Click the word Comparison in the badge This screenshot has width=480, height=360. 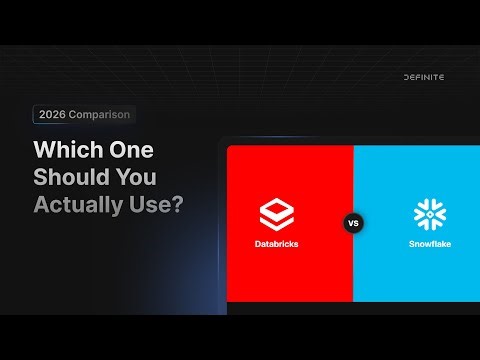[100, 115]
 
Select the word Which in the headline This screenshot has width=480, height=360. [67, 152]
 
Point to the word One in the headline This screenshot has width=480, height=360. [129, 152]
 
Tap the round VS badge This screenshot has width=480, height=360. [353, 223]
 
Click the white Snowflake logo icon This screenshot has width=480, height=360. [430, 214]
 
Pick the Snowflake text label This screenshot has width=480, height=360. [430, 244]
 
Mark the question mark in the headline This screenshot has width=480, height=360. [178, 208]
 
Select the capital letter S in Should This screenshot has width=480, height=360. [41, 180]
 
